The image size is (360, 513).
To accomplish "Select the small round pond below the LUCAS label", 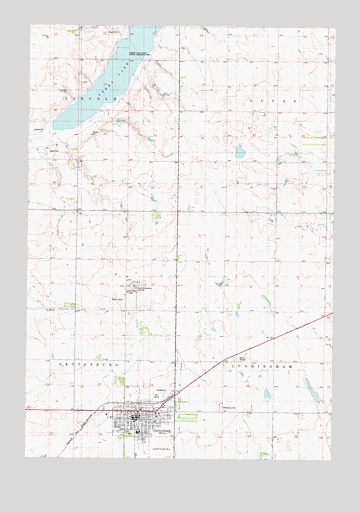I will pos(240,152).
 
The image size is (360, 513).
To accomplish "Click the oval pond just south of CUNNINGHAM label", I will pos(266,394).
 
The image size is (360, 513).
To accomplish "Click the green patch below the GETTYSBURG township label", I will pos(119,380).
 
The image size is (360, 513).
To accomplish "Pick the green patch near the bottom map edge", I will pos(264,454).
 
